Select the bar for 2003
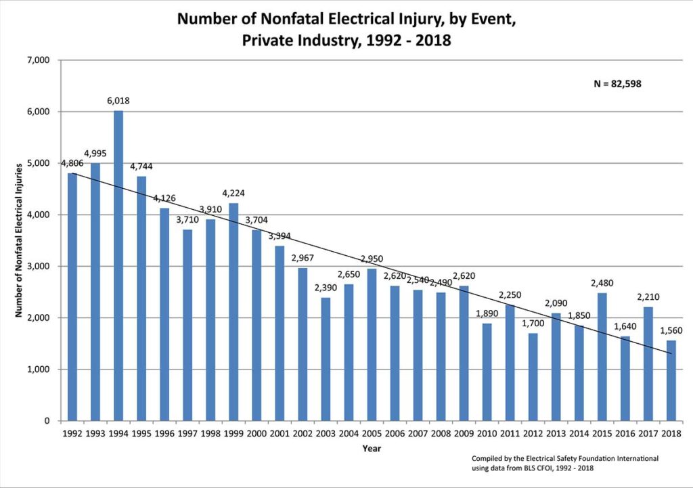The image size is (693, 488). [326, 359]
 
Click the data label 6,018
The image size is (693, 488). [118, 101]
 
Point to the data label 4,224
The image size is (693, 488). [233, 193]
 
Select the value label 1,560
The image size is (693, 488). [671, 331]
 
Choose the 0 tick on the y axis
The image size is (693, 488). [47, 421]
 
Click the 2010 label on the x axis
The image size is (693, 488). [487, 434]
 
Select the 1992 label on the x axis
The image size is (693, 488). [72, 434]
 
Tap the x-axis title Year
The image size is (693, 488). [372, 447]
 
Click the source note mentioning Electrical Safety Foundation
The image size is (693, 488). [565, 459]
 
